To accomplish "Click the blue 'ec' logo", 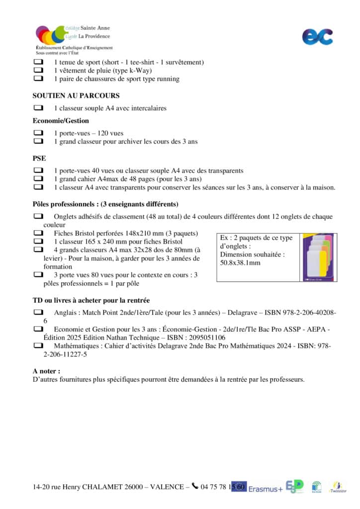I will [x=317, y=36].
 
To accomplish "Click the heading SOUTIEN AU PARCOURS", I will [x=76, y=95].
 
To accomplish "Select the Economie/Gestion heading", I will [x=61, y=121].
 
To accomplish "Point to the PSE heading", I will [x=39, y=158].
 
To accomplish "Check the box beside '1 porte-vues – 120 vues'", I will [x=38, y=133].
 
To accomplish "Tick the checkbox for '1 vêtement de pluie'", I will [x=38, y=71].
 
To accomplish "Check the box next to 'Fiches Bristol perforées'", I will [x=38, y=233].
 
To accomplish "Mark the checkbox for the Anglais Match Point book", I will [x=38, y=313].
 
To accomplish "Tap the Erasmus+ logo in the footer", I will [x=266, y=488].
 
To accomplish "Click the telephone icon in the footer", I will [x=195, y=487].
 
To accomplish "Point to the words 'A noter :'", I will [x=47, y=371].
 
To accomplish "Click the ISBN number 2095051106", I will [x=206, y=337].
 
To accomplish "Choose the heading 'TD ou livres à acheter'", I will [x=91, y=300].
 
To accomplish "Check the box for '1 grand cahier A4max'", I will [x=38, y=179].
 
